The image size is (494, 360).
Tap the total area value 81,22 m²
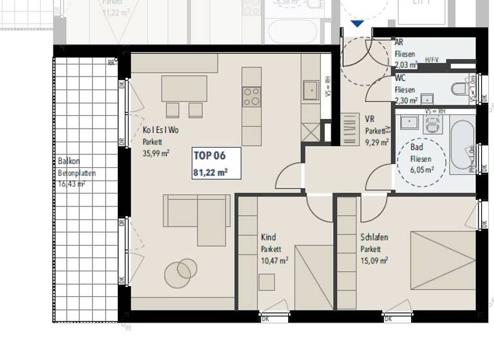210,172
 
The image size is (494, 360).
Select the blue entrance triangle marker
357,24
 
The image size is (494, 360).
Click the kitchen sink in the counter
311,91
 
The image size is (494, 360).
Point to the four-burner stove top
252,97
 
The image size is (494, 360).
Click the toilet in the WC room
460,89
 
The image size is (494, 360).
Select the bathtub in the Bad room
461,145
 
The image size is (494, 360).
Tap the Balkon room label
69,161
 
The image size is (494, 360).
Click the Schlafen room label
374,237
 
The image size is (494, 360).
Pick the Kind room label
268,237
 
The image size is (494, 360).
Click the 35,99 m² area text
156,153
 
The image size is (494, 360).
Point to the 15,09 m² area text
374,260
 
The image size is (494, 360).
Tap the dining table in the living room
184,89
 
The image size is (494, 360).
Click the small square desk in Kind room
266,282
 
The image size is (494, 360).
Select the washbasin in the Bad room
408,121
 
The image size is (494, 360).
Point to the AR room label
399,42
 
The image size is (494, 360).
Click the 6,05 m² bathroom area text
422,170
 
